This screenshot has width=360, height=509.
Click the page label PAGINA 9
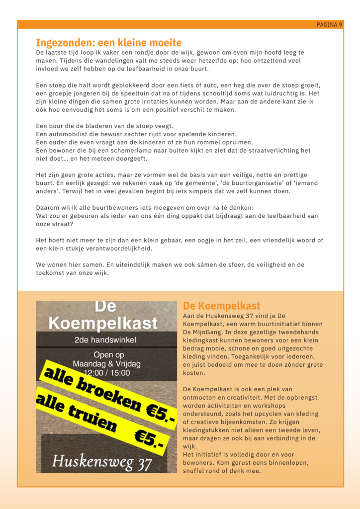[x=329, y=25]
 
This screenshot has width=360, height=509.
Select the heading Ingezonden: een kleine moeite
[x=108, y=43]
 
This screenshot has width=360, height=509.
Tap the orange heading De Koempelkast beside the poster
[x=221, y=306]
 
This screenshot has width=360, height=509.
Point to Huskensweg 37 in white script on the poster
[x=102, y=462]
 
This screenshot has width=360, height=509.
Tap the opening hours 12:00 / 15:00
[x=106, y=372]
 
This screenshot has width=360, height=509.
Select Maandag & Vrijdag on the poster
[x=106, y=364]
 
